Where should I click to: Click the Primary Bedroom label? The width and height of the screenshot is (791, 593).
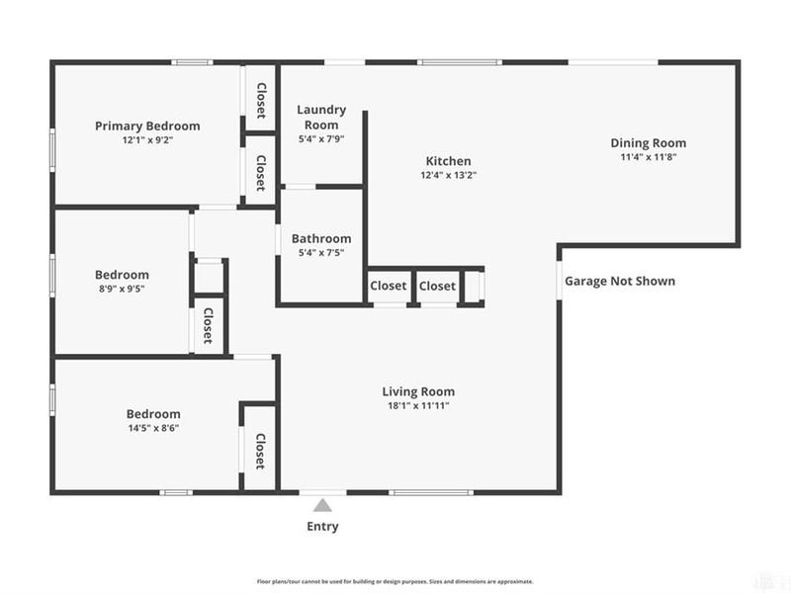click(147, 126)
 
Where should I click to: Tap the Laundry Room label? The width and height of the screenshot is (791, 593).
click(321, 117)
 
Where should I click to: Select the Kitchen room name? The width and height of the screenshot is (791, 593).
click(448, 161)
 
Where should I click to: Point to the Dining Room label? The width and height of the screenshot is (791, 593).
click(648, 143)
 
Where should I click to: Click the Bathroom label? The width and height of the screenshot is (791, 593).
click(321, 238)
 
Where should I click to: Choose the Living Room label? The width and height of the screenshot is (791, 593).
click(420, 391)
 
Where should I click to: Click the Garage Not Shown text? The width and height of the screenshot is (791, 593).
click(620, 281)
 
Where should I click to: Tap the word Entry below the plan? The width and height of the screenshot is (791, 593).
click(322, 526)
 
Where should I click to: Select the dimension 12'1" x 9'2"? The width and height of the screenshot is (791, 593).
click(147, 140)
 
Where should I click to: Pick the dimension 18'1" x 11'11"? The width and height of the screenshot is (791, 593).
click(420, 405)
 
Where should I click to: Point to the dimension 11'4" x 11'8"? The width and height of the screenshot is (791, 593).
click(648, 157)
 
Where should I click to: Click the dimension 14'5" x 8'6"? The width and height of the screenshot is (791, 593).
click(153, 428)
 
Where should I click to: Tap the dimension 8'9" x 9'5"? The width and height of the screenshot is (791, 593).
click(123, 290)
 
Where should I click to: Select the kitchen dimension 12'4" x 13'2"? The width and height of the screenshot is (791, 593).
click(448, 176)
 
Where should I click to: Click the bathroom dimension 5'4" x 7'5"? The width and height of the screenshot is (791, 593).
click(321, 253)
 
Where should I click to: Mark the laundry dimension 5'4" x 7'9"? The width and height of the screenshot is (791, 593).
click(321, 139)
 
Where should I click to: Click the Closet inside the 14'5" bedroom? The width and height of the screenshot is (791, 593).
click(260, 451)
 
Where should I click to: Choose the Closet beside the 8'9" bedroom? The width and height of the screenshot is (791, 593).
click(209, 325)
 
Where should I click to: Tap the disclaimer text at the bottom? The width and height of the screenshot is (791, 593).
click(395, 581)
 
